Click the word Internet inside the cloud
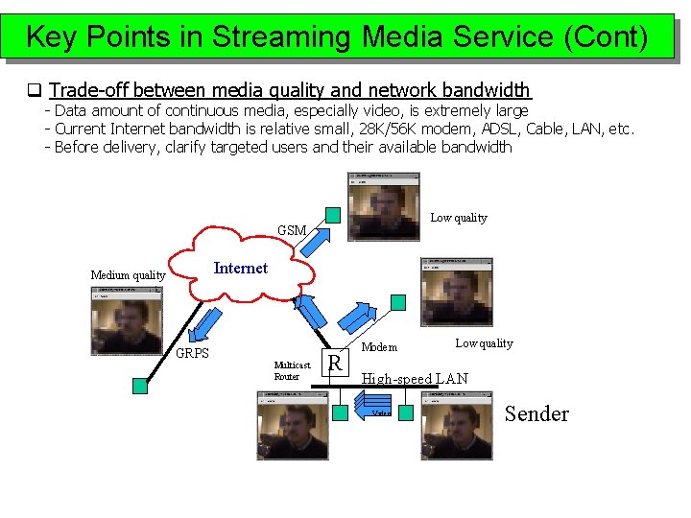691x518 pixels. point(240,269)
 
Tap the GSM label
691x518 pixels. point(292,230)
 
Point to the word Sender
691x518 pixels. point(536,414)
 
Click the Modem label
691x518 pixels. point(379,346)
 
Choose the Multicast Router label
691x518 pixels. point(292,370)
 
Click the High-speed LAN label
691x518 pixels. point(415,379)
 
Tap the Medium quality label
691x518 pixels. point(128,275)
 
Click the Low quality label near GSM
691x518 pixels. point(458,218)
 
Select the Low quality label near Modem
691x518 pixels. point(484,343)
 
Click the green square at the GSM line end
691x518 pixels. point(332,214)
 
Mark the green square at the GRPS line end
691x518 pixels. point(140,385)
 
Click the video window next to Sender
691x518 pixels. point(456,425)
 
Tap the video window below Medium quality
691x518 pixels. point(128,324)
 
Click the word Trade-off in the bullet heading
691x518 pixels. point(90,90)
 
